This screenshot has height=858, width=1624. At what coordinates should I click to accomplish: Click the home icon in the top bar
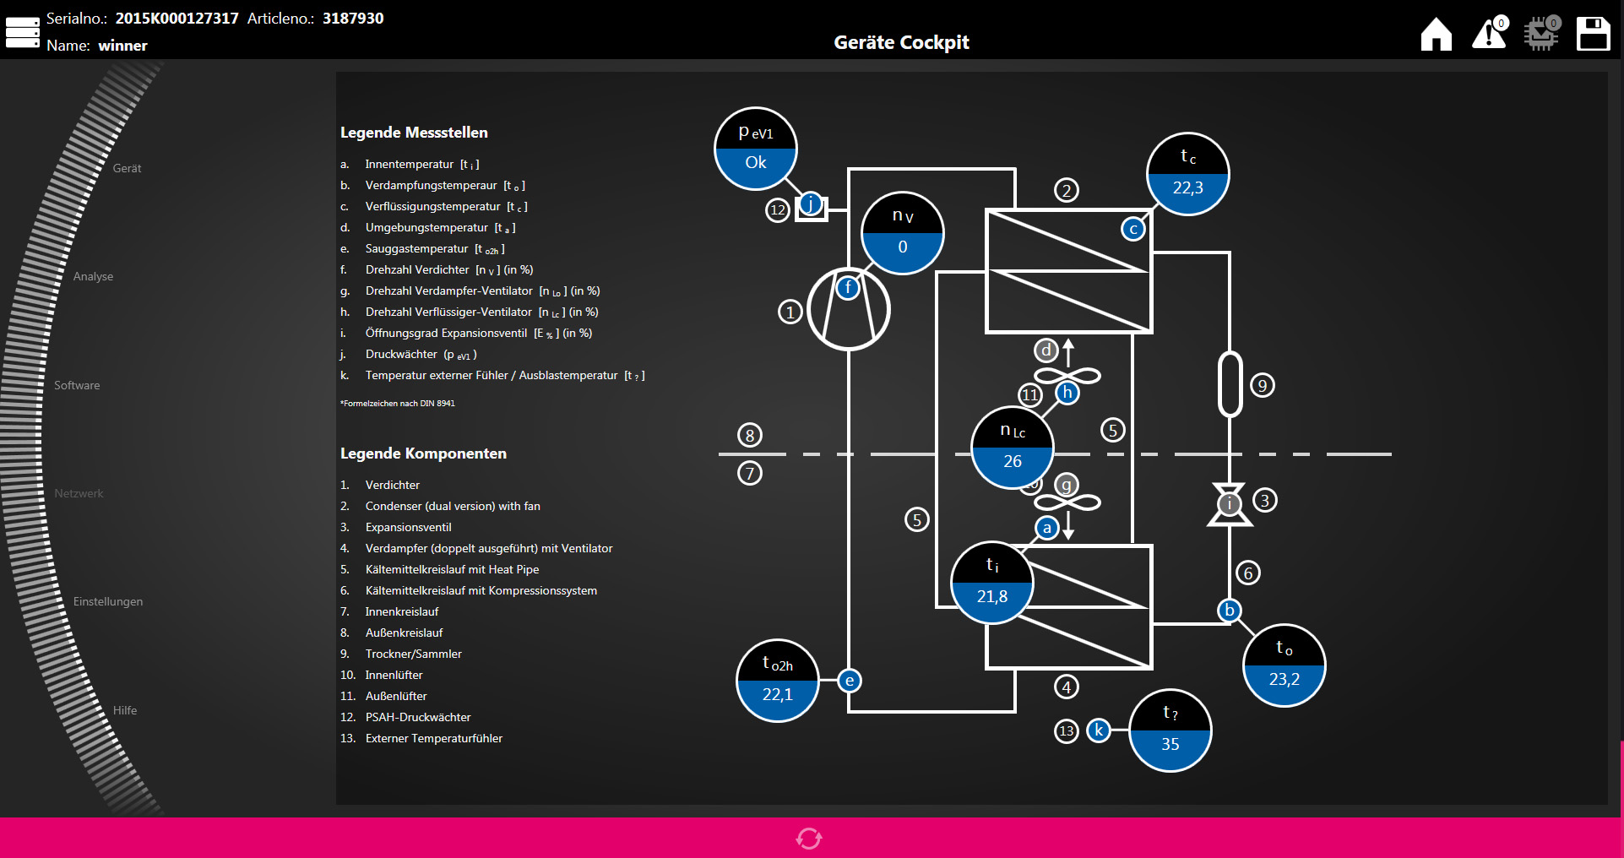[1436, 35]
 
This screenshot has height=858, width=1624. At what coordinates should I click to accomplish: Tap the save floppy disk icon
[1593, 35]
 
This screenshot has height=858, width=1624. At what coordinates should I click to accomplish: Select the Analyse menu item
[93, 276]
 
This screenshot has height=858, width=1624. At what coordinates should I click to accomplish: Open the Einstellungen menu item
[108, 601]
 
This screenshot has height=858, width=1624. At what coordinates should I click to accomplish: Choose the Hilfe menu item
[125, 710]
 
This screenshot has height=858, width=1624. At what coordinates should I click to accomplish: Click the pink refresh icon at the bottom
[809, 838]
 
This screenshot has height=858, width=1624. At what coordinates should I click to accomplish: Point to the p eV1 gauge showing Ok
[756, 149]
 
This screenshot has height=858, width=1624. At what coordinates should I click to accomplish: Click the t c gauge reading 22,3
[1187, 174]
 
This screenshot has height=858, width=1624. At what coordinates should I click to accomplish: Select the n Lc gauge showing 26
[1013, 448]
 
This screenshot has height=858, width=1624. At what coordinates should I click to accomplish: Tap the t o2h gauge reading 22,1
[778, 681]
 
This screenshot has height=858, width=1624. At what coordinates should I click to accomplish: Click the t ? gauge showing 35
[1170, 730]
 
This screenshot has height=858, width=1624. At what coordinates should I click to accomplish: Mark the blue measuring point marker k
[1098, 730]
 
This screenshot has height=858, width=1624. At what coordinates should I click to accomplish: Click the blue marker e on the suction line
[850, 681]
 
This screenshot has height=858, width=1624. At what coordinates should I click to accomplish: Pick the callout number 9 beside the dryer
[1262, 386]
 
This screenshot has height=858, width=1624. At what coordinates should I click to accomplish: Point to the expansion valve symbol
[1230, 504]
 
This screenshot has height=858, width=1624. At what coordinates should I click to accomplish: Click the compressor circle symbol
[849, 309]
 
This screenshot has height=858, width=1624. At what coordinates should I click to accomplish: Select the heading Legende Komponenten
[423, 453]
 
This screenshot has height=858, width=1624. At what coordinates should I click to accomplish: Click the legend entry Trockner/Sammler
[413, 654]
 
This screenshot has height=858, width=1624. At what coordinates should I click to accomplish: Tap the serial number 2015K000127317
[177, 19]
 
